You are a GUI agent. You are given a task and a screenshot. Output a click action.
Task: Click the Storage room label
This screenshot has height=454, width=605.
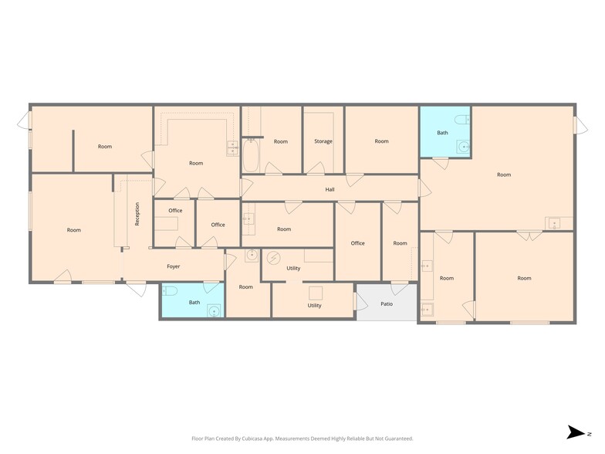click(x=323, y=141)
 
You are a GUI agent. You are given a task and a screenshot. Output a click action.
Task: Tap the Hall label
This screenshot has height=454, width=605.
click(x=330, y=189)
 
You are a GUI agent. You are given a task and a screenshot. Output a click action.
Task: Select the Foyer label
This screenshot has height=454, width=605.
click(x=174, y=266)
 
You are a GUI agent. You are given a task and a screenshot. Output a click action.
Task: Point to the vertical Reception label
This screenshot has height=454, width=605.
click(x=137, y=213)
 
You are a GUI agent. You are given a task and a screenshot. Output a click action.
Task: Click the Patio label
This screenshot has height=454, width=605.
click(x=387, y=303)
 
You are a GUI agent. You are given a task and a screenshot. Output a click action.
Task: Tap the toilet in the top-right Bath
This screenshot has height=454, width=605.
click(x=462, y=120)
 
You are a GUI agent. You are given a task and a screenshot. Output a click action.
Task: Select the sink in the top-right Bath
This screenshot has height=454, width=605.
click(x=462, y=147)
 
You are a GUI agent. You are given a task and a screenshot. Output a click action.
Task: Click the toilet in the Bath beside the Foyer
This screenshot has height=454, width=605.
click(x=171, y=291)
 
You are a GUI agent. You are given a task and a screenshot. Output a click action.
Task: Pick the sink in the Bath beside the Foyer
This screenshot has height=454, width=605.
click(x=213, y=310)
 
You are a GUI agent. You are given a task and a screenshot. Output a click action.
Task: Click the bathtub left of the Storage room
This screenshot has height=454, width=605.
click(x=252, y=154)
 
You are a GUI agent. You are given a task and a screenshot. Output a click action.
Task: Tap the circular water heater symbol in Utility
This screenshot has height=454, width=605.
click(x=273, y=258)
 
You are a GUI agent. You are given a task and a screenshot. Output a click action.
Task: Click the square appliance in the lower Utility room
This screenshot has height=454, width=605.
click(x=315, y=292)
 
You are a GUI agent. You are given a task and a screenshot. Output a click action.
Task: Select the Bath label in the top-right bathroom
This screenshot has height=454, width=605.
click(x=442, y=133)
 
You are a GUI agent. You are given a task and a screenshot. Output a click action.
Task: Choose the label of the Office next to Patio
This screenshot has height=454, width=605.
click(x=357, y=243)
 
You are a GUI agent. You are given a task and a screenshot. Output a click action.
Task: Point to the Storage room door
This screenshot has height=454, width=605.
click(x=315, y=168)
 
